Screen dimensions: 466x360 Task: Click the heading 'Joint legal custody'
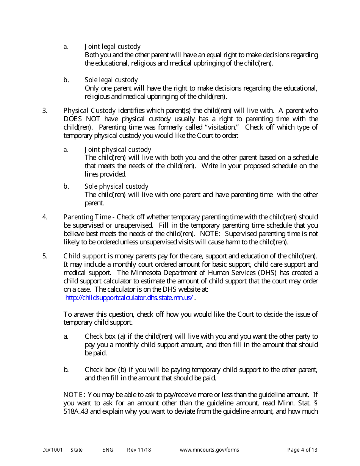[112, 47]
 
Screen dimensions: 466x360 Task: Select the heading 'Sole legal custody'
[111, 80]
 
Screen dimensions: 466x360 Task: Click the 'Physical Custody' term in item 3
[89, 111]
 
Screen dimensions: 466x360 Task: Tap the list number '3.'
[45, 111]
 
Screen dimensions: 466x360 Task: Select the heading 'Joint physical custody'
[117, 150]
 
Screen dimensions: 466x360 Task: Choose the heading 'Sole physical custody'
[116, 186]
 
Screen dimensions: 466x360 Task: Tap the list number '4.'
[45, 217]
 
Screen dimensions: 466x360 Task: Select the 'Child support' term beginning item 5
[85, 256]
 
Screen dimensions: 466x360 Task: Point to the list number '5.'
[45, 256]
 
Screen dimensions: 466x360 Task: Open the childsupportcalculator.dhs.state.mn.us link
[129, 298]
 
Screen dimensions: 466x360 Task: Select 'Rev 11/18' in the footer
[139, 450]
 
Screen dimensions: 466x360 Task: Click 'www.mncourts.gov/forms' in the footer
[209, 450]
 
